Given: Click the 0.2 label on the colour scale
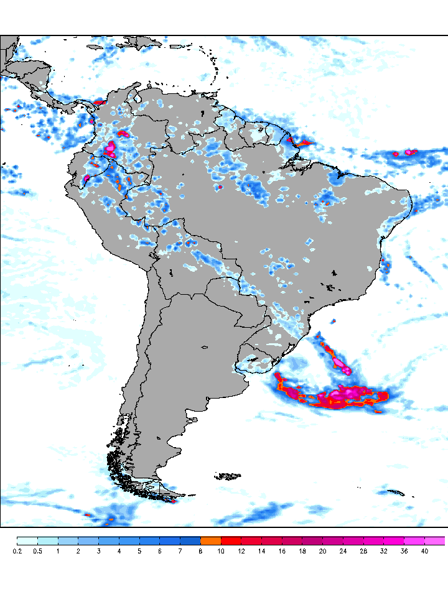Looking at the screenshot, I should [x=17, y=551].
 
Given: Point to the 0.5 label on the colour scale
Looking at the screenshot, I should [x=37, y=551].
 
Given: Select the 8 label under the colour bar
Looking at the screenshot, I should [x=200, y=551].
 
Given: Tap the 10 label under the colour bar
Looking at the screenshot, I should [x=221, y=551].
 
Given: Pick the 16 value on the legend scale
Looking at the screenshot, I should [x=282, y=551].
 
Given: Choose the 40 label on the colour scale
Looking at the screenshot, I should [x=424, y=551].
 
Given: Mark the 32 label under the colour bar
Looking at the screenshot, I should [x=384, y=551].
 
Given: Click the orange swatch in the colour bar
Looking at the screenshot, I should [x=211, y=541].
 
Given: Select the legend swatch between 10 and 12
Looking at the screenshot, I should [x=231, y=541].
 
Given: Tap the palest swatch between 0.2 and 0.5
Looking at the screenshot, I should [x=27, y=541].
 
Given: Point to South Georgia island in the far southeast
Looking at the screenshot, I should [x=396, y=493].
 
